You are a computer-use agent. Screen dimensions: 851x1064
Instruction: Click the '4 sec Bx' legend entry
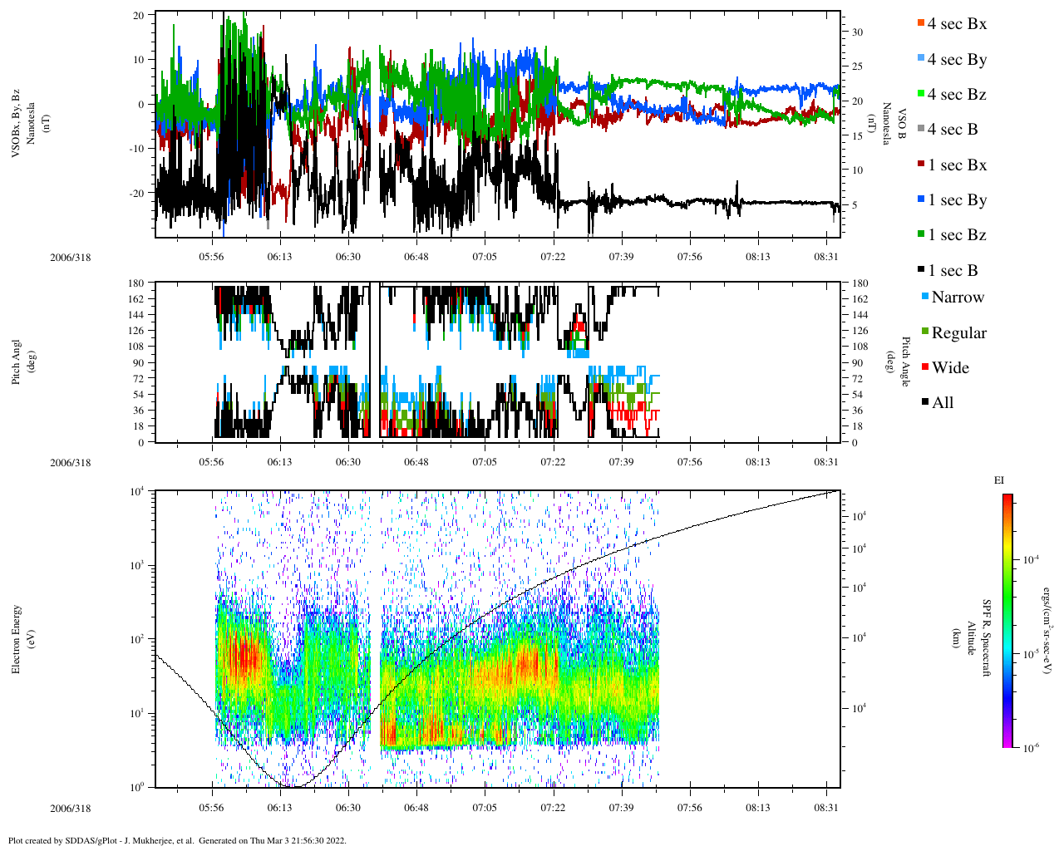956,24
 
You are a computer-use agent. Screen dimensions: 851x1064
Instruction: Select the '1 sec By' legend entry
956,200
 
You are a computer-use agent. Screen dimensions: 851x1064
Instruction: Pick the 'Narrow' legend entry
957,298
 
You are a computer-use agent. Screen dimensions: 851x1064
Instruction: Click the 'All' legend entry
942,403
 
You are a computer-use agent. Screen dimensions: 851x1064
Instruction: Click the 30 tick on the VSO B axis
857,32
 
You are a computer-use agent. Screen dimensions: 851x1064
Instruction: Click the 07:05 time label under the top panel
485,257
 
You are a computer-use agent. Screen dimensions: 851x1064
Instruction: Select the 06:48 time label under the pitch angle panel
416,462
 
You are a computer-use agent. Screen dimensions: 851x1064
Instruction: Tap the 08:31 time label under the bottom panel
826,807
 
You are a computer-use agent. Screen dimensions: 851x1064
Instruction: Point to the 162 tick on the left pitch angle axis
138,299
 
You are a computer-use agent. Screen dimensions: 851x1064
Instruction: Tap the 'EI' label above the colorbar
999,480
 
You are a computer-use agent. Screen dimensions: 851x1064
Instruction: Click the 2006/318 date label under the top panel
70,257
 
